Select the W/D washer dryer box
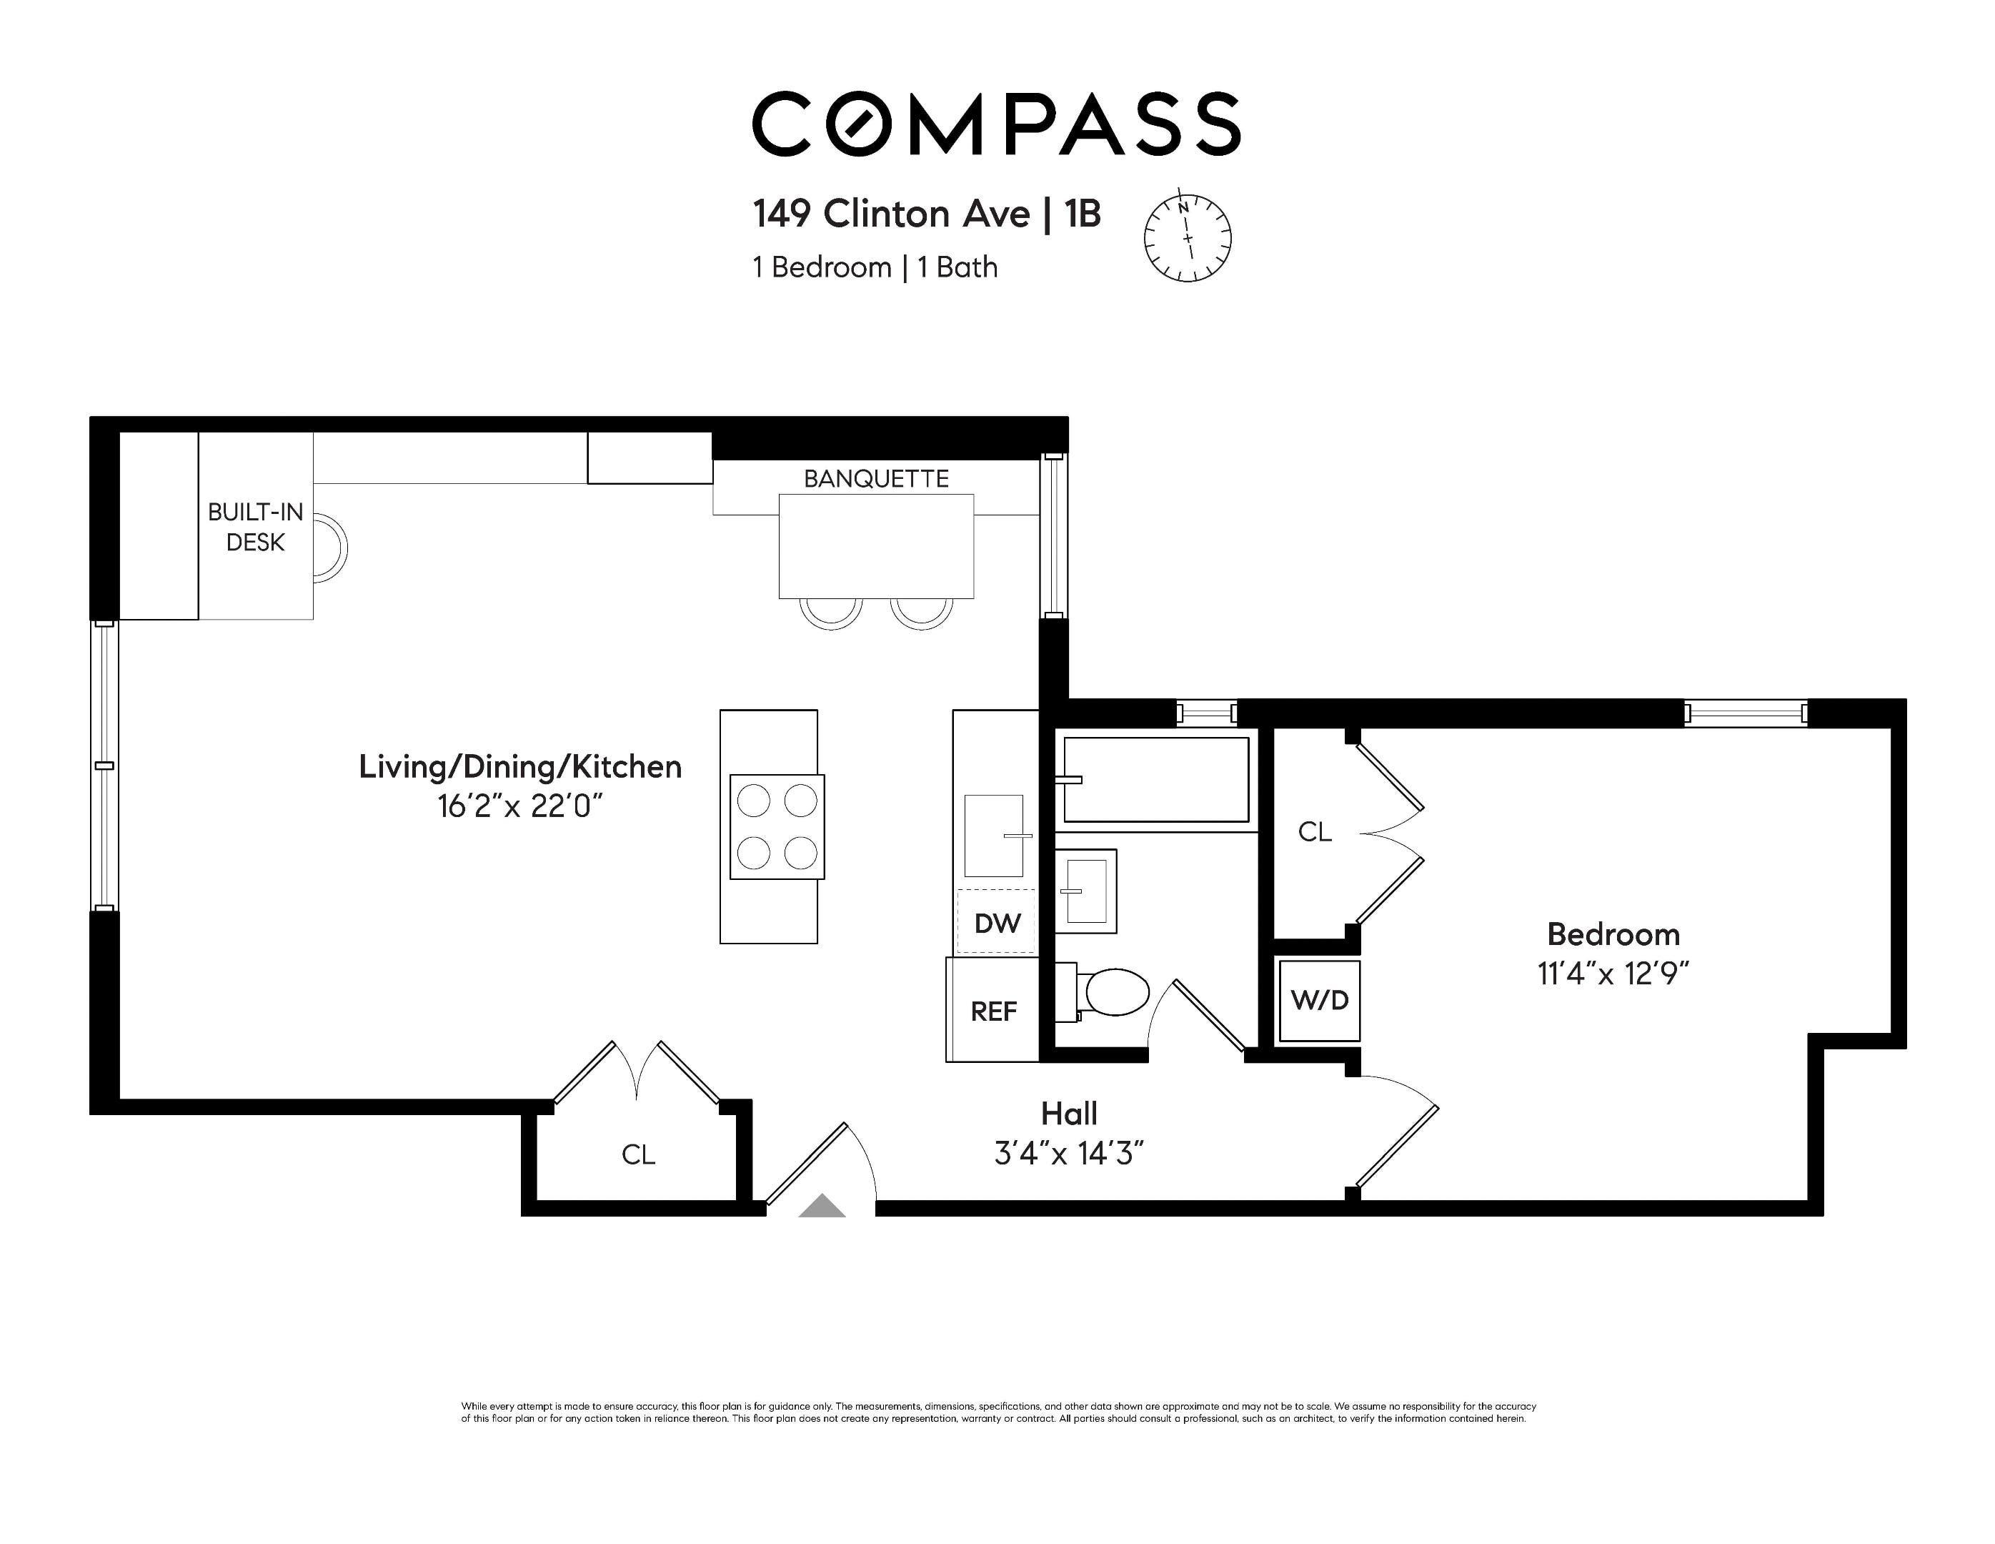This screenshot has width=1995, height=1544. click(1319, 1001)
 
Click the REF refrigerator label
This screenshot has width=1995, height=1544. click(993, 1011)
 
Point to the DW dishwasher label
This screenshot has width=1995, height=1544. click(997, 924)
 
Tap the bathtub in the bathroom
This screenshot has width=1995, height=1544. click(1155, 779)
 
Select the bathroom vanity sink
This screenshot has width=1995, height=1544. click(1086, 891)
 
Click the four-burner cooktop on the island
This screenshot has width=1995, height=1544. click(777, 827)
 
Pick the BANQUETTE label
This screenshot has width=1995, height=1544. click(876, 479)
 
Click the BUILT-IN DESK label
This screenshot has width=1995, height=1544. click(255, 527)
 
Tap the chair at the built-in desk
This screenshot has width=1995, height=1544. click(329, 548)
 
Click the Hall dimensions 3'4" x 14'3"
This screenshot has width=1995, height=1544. click(1069, 1155)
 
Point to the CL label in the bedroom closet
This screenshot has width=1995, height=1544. click(1315, 831)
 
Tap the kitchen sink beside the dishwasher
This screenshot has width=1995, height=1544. click(994, 835)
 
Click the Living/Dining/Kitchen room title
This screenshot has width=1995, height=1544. click(519, 766)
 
